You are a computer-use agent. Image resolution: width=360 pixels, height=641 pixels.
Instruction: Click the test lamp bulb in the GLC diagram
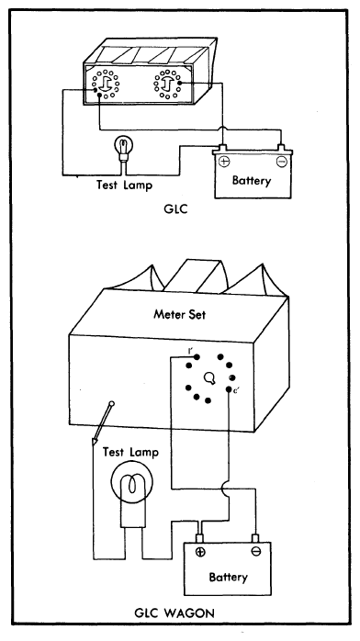tap(123, 146)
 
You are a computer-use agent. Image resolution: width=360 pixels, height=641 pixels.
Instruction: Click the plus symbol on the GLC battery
tap(224, 162)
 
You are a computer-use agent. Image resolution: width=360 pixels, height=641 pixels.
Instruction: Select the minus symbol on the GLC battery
tap(282, 162)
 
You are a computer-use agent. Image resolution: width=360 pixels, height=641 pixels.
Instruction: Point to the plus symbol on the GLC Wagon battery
tap(200, 552)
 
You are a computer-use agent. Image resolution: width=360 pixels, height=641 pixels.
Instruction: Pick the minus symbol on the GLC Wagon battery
tap(256, 552)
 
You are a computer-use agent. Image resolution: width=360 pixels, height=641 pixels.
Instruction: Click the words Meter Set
tap(180, 315)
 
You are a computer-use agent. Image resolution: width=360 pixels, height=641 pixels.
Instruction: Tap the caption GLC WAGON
tap(174, 613)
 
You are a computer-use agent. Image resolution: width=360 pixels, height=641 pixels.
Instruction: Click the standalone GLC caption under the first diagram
tap(175, 210)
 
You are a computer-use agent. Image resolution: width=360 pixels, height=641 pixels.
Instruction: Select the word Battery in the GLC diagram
tap(252, 180)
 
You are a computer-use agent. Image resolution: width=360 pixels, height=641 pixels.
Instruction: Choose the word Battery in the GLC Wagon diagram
tap(228, 578)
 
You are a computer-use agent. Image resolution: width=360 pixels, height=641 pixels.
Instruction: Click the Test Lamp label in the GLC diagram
tap(124, 185)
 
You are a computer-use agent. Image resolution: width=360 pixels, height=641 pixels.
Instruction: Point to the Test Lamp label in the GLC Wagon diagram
tap(130, 452)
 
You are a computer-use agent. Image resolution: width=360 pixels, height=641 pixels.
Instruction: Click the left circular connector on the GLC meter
tap(106, 84)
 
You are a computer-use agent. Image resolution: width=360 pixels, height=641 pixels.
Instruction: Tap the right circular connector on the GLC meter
tap(168, 84)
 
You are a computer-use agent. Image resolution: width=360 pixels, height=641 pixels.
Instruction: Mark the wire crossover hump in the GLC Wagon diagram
tap(225, 489)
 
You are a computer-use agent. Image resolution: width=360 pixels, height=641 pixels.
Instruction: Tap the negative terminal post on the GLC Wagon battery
tap(256, 537)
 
